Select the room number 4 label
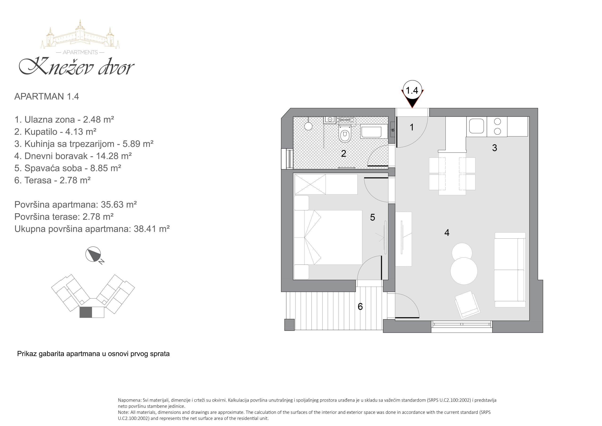(x=447, y=233)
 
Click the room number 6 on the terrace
(x=360, y=307)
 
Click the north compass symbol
(x=93, y=254)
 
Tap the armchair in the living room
(x=467, y=305)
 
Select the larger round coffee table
(x=464, y=271)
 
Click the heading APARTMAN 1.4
(x=47, y=96)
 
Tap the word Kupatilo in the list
(x=41, y=132)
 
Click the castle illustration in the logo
(x=80, y=34)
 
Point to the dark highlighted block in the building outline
(x=86, y=312)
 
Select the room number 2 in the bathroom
(x=344, y=153)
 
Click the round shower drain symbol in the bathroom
(x=308, y=126)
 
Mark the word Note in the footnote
(x=123, y=412)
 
